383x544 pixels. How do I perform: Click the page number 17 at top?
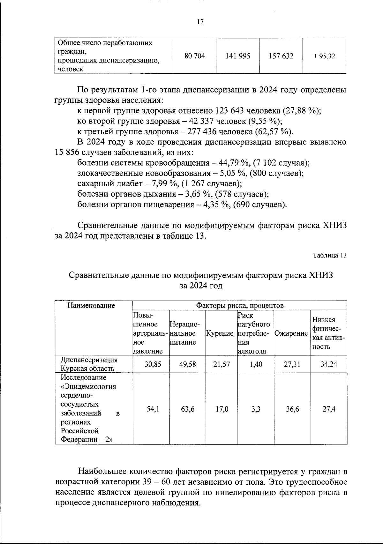click(x=200, y=22)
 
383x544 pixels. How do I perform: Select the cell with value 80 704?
click(x=195, y=56)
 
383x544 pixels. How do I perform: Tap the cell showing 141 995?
click(x=238, y=56)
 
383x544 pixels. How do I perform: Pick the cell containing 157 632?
click(x=281, y=56)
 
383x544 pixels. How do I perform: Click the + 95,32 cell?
click(x=324, y=56)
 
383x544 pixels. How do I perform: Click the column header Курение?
click(x=220, y=333)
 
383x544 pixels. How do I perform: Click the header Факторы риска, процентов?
click(x=240, y=306)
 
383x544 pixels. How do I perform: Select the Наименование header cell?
click(x=91, y=306)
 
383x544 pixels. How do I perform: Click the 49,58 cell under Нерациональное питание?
click(x=187, y=364)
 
